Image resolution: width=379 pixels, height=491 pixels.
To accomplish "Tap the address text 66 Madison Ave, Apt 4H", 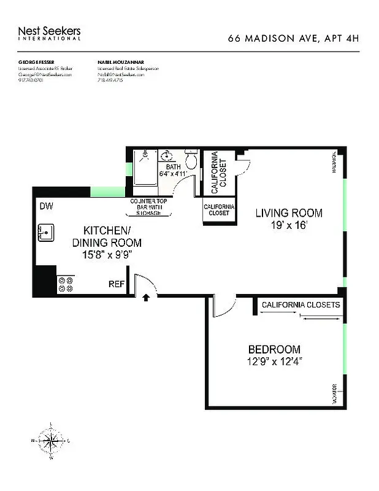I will click(293, 38).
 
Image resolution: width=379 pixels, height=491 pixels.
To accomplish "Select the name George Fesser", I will click(37, 63).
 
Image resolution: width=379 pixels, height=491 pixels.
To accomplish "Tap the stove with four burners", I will click(65, 284).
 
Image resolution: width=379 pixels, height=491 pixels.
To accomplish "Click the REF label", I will click(117, 284).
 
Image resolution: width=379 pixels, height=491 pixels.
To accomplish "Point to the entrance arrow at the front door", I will click(146, 298).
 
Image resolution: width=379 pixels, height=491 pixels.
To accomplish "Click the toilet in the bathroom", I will click(191, 161).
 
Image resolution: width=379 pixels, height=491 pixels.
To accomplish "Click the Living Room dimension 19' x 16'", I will click(288, 225).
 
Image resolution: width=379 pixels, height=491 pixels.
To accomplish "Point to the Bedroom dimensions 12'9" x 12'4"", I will click(274, 361).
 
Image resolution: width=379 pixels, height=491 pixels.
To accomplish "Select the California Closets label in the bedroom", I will click(301, 304).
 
